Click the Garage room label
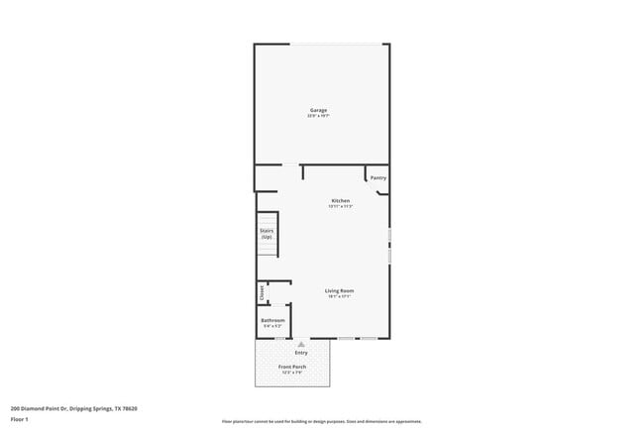click(318, 110)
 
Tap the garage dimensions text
click(318, 116)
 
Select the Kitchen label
click(341, 200)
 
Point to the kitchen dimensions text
click(341, 206)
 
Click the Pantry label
click(378, 178)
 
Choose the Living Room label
click(339, 290)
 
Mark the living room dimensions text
click(339, 296)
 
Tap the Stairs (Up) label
click(267, 234)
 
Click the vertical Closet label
click(263, 291)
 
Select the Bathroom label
click(273, 320)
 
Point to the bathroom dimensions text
click(273, 326)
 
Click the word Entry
click(301, 353)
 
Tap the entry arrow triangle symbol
click(301, 345)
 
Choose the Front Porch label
click(292, 367)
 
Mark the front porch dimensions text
click(292, 373)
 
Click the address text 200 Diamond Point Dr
click(73, 407)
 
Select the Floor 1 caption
click(20, 419)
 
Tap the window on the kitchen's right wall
click(389, 245)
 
